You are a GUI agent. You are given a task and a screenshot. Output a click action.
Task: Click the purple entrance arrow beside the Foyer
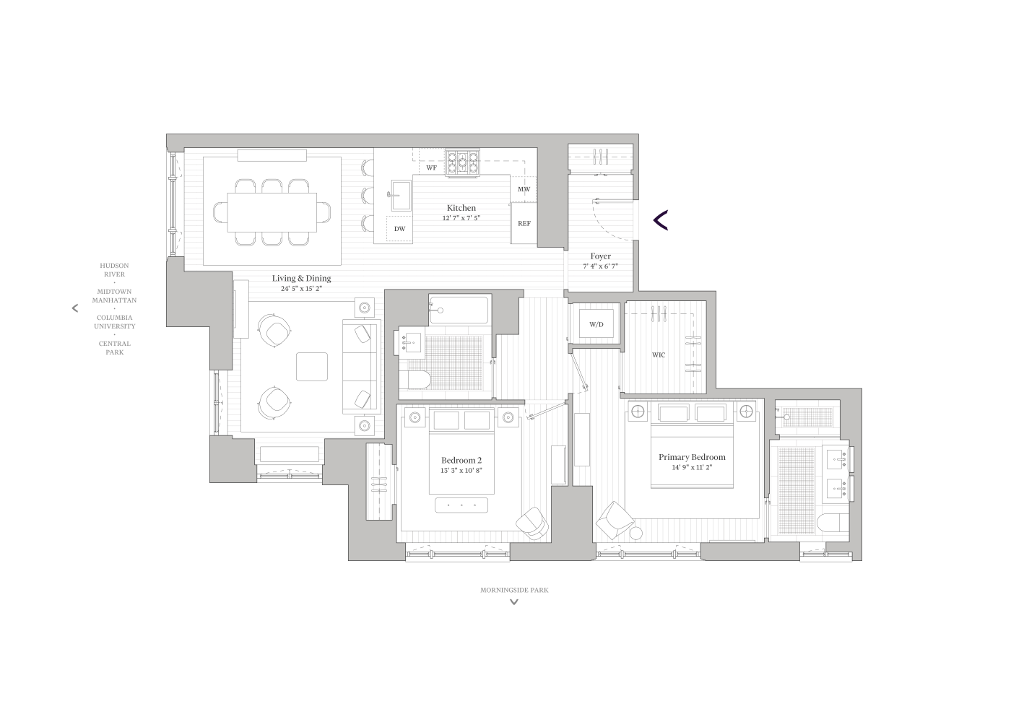pyautogui.click(x=660, y=220)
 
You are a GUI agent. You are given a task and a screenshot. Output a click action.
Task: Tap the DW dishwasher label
pyautogui.click(x=399, y=229)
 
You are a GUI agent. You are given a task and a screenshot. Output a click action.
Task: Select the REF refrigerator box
pyautogui.click(x=524, y=224)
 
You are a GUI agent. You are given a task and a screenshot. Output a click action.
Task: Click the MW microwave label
pyautogui.click(x=524, y=190)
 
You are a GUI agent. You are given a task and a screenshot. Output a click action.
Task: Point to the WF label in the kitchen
pyautogui.click(x=431, y=168)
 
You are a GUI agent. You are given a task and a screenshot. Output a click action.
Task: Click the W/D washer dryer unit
pyautogui.click(x=596, y=324)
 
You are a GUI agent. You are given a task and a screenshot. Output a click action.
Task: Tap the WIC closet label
pyautogui.click(x=659, y=355)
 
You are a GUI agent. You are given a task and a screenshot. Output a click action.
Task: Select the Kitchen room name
pyautogui.click(x=461, y=208)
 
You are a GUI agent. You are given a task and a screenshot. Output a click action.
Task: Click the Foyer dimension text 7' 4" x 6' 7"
pyautogui.click(x=600, y=266)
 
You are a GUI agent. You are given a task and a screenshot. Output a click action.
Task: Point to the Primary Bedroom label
pyautogui.click(x=691, y=457)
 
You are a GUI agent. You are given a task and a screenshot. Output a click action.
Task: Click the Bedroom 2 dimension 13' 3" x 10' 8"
pyautogui.click(x=461, y=471)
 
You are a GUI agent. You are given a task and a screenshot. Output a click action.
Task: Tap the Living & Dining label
pyautogui.click(x=301, y=278)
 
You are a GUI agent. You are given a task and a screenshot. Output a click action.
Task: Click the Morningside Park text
pyautogui.click(x=514, y=590)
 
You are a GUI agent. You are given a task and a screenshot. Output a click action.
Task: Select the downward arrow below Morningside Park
pyautogui.click(x=514, y=602)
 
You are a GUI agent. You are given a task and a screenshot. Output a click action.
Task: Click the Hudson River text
pyautogui.click(x=114, y=270)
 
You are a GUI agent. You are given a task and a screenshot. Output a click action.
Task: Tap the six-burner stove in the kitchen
pyautogui.click(x=463, y=163)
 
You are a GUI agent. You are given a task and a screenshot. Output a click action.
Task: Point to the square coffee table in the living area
pyautogui.click(x=311, y=366)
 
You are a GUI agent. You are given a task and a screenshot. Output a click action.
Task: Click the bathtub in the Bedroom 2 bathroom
pyautogui.click(x=459, y=310)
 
